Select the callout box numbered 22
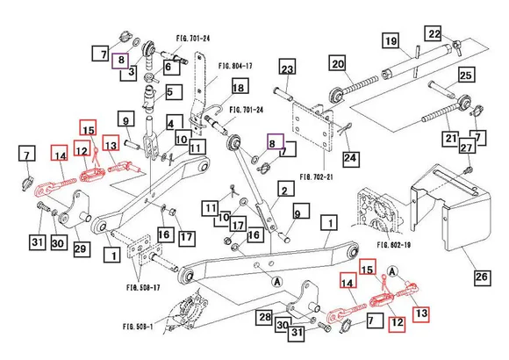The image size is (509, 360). point(434,33)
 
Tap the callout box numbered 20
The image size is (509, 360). point(337,63)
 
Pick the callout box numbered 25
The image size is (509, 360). point(465,76)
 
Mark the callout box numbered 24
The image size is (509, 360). point(351,159)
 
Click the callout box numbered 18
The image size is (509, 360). point(238,86)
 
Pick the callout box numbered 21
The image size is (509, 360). point(450,137)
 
